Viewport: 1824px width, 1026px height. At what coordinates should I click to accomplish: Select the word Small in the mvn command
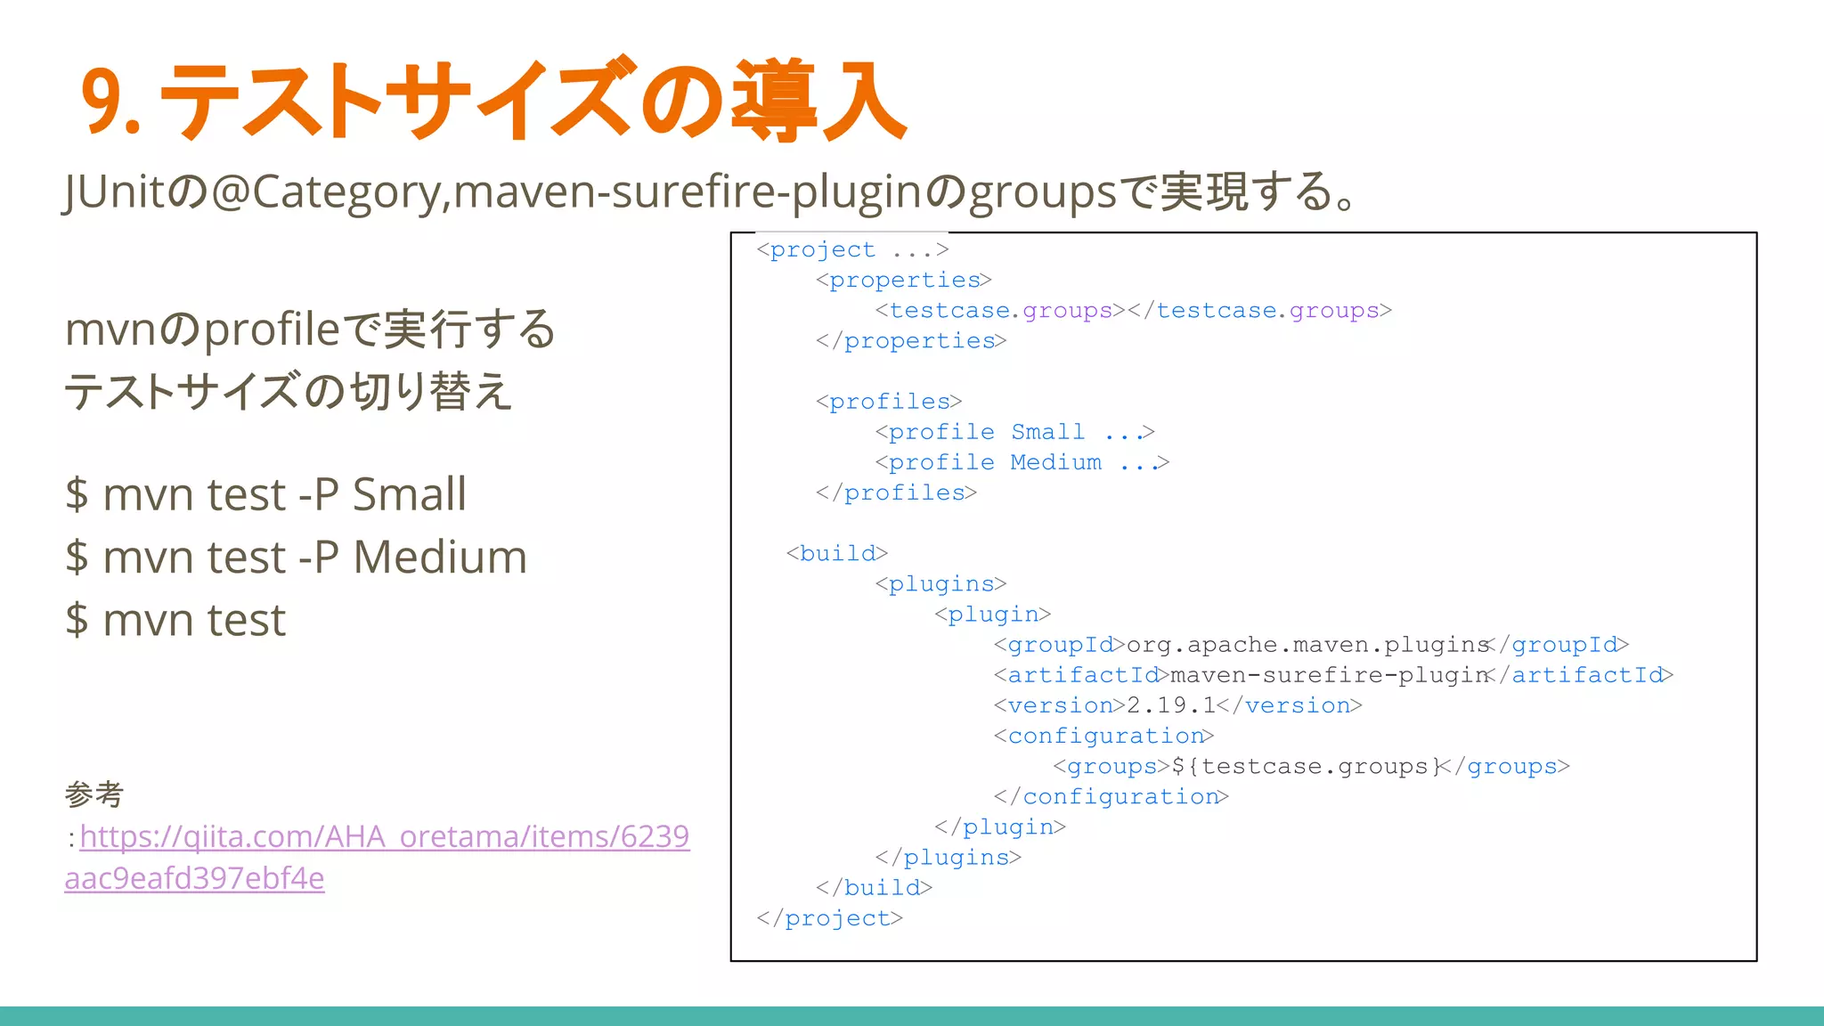(409, 495)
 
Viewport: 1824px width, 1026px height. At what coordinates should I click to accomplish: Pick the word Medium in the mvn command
(440, 558)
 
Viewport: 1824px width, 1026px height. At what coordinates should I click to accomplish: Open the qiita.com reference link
(384, 837)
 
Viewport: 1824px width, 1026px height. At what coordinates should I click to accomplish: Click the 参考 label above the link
(94, 794)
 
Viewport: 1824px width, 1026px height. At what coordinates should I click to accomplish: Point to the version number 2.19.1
(1171, 705)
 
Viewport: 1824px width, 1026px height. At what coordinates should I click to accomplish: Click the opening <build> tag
(836, 554)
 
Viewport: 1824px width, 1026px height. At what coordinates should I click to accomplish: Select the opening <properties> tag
(903, 281)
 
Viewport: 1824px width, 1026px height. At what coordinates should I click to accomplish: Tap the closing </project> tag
(829, 918)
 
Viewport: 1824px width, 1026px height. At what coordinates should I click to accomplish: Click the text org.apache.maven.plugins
(1307, 645)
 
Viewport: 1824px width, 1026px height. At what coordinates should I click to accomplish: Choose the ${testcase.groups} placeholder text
(1306, 767)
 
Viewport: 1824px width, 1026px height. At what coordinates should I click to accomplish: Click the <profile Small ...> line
(1014, 433)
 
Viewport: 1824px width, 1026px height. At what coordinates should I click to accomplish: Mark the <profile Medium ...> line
(1022, 463)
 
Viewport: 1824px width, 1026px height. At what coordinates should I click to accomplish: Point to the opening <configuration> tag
(1103, 737)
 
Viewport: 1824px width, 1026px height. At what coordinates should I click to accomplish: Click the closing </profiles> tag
(896, 493)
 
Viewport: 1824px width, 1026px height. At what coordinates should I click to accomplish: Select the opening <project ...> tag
(852, 250)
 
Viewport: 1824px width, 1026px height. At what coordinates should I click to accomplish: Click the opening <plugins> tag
(940, 584)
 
